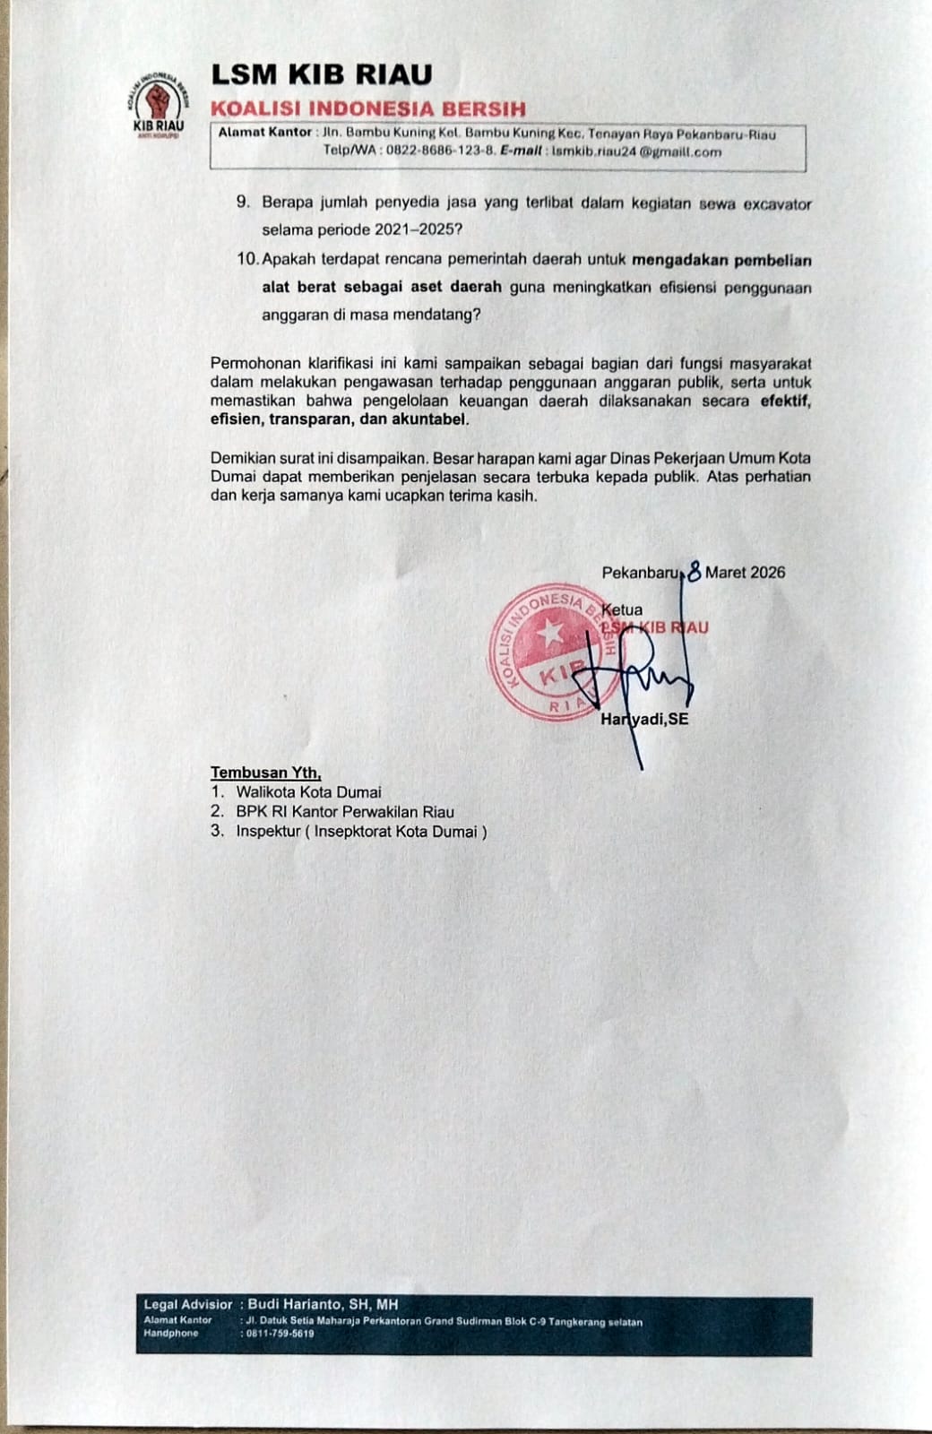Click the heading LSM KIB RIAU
pyautogui.click(x=321, y=73)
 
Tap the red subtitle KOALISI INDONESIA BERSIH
pyautogui.click(x=367, y=109)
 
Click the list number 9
pyautogui.click(x=242, y=203)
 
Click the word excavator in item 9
pyautogui.click(x=773, y=203)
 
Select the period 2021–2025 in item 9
pyautogui.click(x=415, y=229)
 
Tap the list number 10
pyautogui.click(x=247, y=261)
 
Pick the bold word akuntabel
pyautogui.click(x=430, y=419)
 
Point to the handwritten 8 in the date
pyautogui.click(x=693, y=572)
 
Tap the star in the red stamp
pyautogui.click(x=548, y=634)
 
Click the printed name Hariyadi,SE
pyautogui.click(x=645, y=719)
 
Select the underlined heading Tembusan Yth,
pyautogui.click(x=265, y=772)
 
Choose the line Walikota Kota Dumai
pyautogui.click(x=308, y=792)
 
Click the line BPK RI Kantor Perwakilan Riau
pyautogui.click(x=345, y=812)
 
